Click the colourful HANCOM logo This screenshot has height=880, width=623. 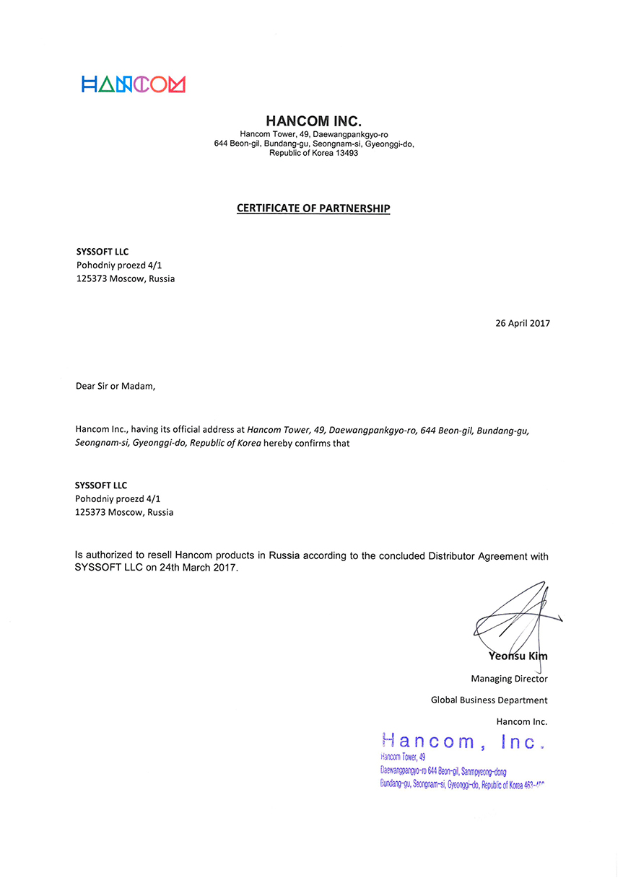point(134,84)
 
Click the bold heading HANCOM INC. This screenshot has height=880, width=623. point(313,121)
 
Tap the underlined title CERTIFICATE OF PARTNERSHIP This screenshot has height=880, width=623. point(313,208)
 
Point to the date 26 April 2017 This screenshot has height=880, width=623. point(523,323)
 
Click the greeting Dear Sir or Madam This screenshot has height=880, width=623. point(116,386)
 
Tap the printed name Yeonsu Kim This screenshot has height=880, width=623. point(518,656)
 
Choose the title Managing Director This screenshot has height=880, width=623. point(509,679)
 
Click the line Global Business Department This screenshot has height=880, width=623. point(489,700)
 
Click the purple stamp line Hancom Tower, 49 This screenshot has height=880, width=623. point(403,757)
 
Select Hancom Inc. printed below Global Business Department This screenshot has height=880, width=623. point(522,721)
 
